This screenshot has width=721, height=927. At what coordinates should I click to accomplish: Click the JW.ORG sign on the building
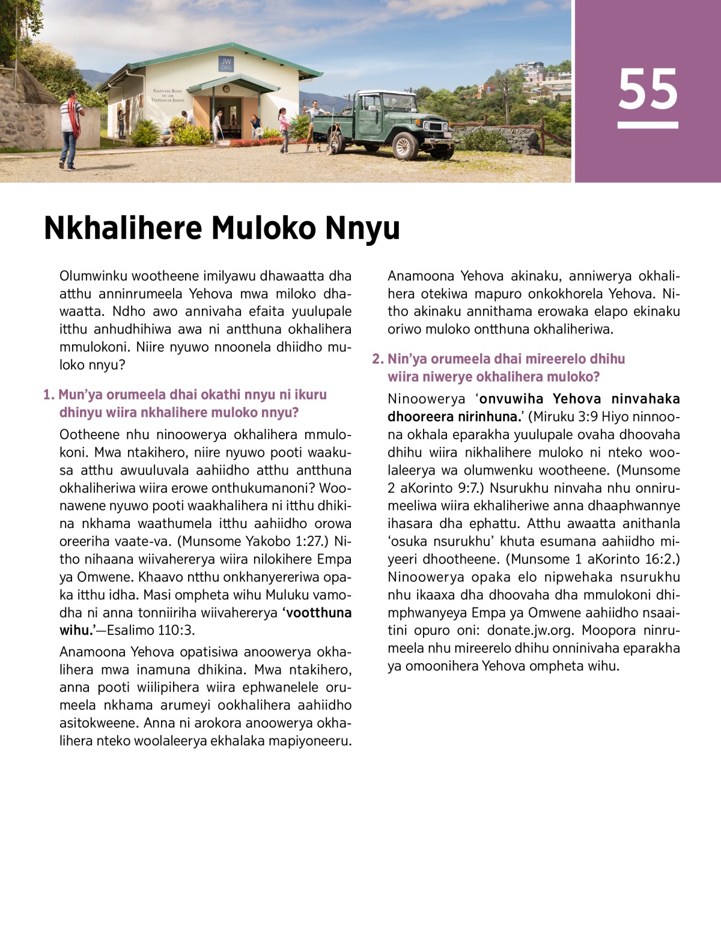point(226,64)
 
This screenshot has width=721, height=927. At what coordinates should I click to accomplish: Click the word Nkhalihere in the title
point(123,228)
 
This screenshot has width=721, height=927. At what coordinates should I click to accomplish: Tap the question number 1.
point(48,395)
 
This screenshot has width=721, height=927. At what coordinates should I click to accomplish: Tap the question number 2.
point(377,359)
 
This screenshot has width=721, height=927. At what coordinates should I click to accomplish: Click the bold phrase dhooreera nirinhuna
point(454,417)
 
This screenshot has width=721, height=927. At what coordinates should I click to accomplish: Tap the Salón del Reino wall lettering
point(168,96)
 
